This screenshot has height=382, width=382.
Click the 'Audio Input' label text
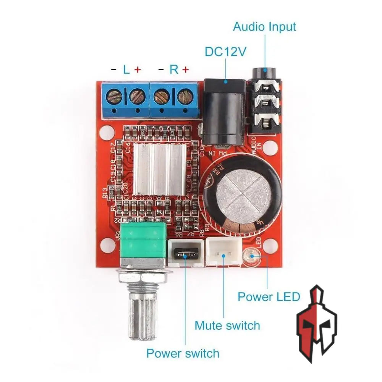coord(264,27)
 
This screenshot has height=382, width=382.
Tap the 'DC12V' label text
coord(225,52)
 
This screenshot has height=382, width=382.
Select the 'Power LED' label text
coord(269,296)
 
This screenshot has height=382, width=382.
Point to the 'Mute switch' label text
coord(227,325)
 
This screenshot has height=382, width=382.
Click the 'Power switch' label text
coord(183,353)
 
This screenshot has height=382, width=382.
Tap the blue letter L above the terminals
coord(126,70)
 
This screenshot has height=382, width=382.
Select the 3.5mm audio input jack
coord(265,103)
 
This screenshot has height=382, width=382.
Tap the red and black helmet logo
coord(316,323)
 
